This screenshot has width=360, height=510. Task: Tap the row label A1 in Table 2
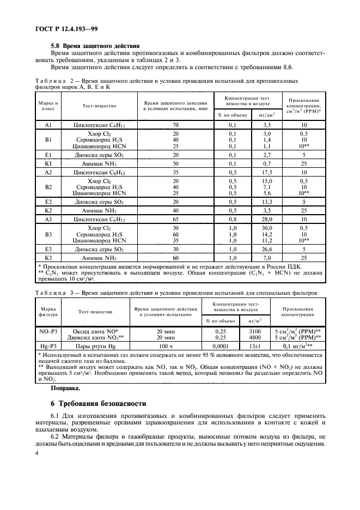[47, 125]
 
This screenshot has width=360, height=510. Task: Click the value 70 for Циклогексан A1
[175, 125]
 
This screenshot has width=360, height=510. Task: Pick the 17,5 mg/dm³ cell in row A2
[267, 172]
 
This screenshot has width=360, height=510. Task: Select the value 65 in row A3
[175, 220]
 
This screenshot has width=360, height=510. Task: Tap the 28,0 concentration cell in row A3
[267, 220]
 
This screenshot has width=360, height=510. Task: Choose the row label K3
[47, 258]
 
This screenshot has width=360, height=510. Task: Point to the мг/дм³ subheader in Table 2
[267, 115]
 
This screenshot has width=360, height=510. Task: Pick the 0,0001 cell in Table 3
[221, 345]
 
